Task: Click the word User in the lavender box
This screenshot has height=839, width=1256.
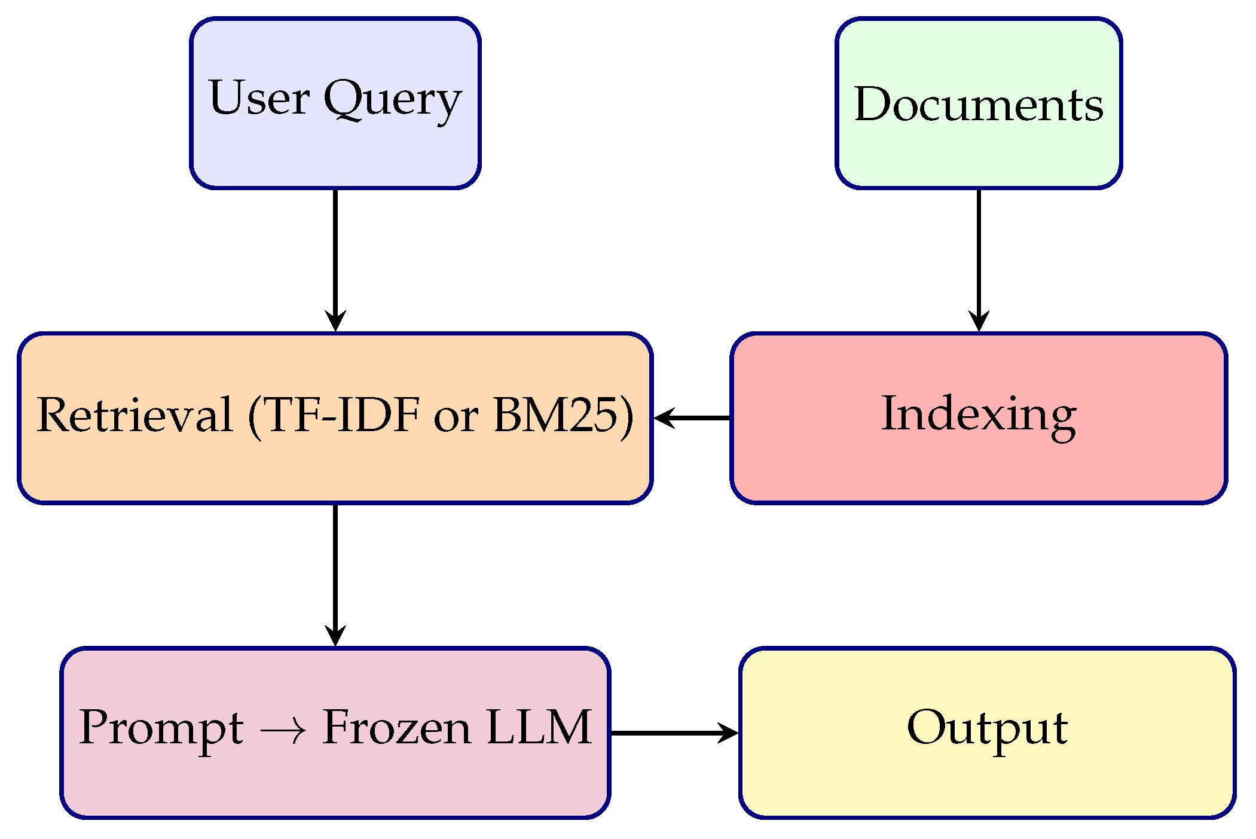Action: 259,98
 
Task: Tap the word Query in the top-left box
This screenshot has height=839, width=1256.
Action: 393,99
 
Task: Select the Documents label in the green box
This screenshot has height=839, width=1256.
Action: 978,104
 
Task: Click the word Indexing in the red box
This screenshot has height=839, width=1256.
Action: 979,414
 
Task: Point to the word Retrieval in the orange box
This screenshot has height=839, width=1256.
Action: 135,415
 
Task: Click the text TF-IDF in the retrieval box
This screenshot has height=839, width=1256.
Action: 341,415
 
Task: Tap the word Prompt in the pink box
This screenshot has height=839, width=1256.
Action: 161,728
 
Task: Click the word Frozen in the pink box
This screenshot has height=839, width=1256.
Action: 396,727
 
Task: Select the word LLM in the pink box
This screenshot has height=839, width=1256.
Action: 539,727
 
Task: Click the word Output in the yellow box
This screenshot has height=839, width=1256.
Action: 987,728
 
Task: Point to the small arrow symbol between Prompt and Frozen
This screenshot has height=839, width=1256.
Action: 283,730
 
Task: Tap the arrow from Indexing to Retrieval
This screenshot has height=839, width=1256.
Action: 692,418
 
